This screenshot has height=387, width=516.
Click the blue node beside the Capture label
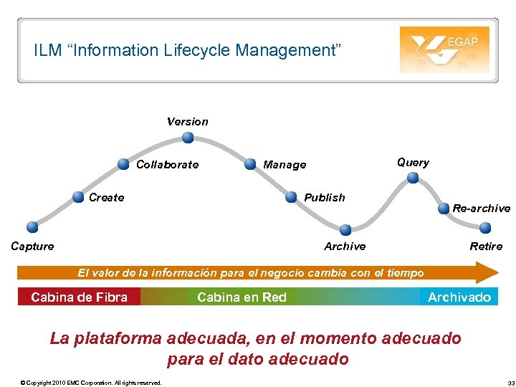pos(32,227)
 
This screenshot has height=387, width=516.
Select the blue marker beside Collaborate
pos(125,164)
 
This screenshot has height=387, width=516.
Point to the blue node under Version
pos(187,139)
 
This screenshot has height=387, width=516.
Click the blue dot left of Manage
pos(249,164)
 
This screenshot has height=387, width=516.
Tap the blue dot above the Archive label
pos(345,230)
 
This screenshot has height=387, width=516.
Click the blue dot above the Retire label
pos(485,228)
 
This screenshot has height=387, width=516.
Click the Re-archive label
pos(481,209)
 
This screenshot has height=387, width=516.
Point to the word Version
pos(188,122)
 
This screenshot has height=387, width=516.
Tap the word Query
pos(413,163)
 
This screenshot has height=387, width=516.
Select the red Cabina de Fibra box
pos(79,297)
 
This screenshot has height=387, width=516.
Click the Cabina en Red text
pos(242,297)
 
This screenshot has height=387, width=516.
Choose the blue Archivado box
pos(459,297)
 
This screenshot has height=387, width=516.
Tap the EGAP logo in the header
pos(444,49)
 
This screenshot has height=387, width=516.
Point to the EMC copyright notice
pos(91,382)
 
